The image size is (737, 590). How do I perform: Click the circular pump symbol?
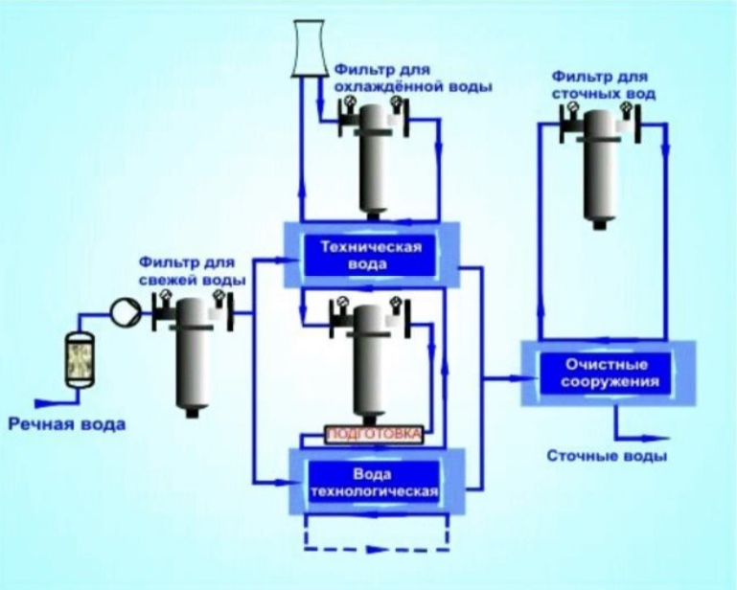(125, 310)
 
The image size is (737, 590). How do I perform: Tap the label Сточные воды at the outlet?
(608, 456)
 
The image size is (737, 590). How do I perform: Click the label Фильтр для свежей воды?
(192, 269)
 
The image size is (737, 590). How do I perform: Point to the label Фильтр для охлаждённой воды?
(413, 79)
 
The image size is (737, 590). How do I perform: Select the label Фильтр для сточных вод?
(602, 84)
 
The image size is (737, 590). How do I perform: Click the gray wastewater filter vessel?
(602, 168)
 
